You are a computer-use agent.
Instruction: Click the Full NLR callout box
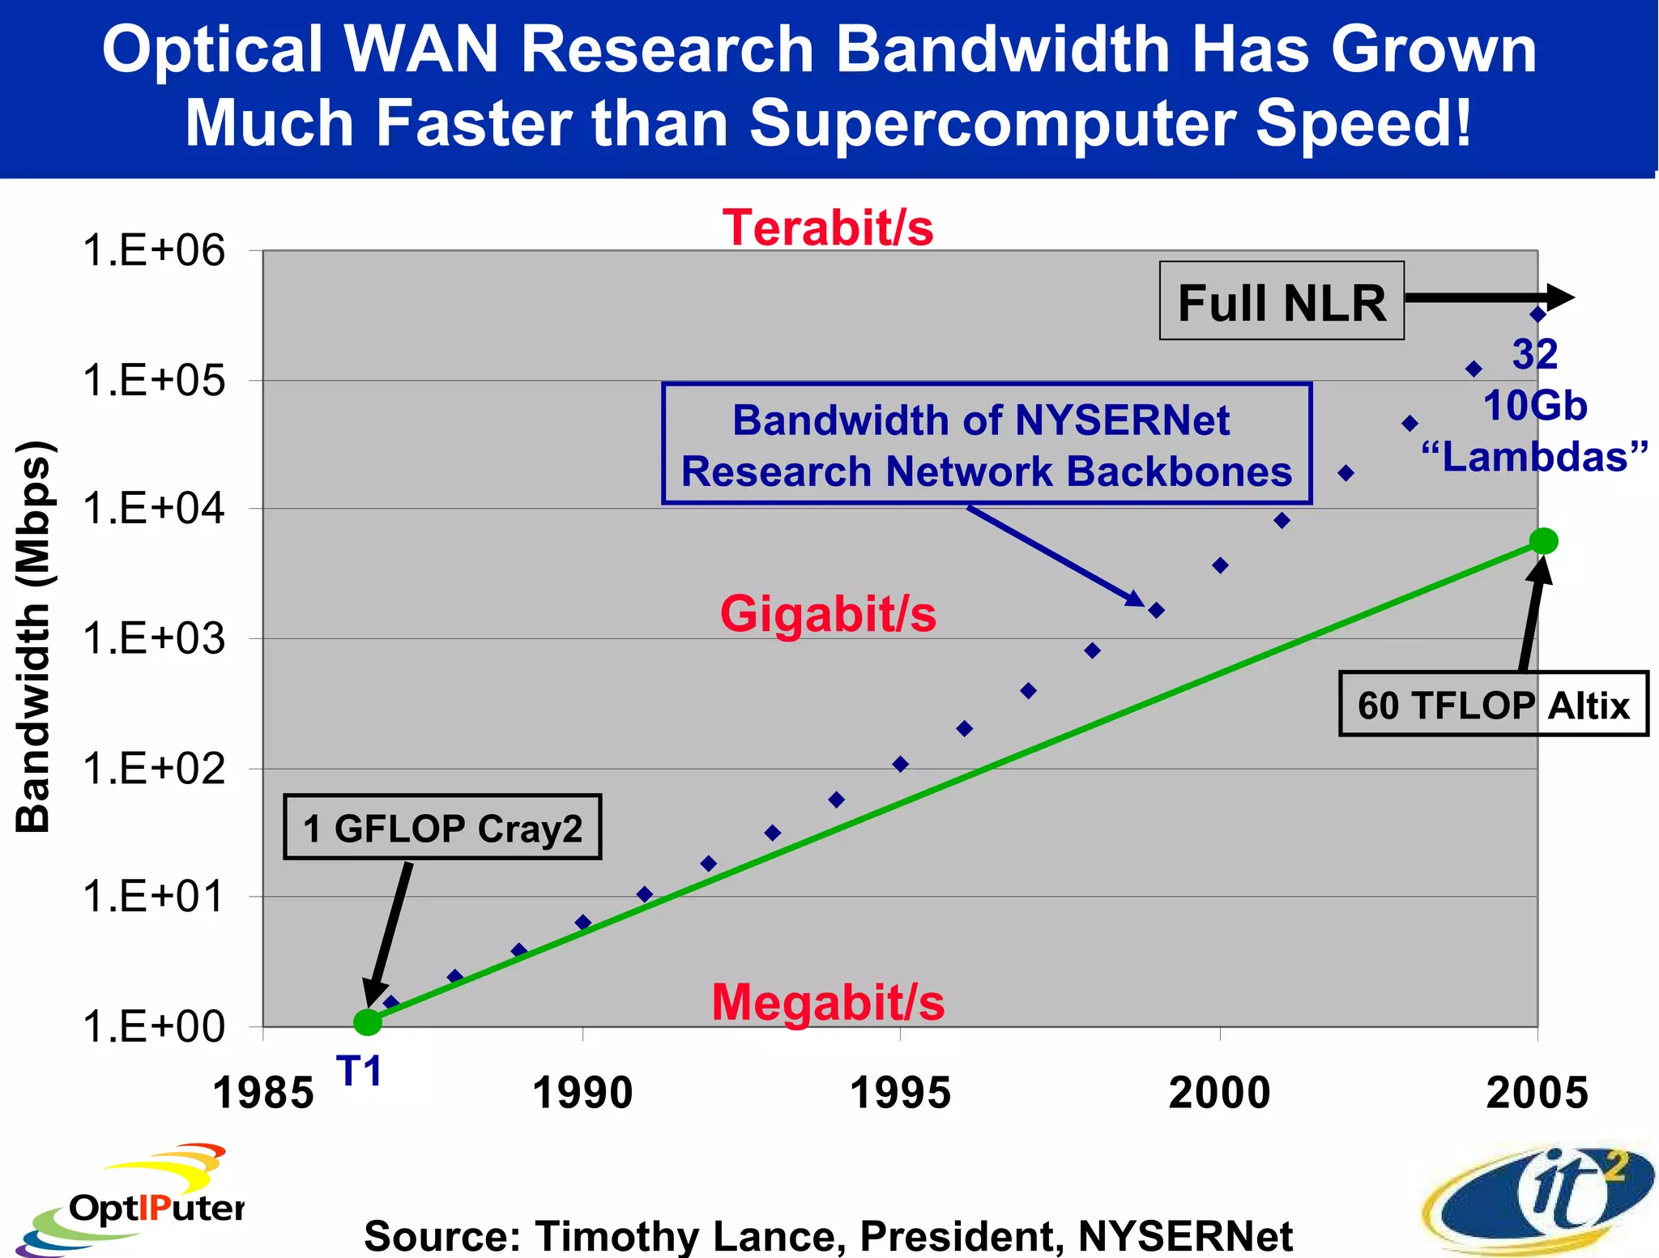pyautogui.click(x=1281, y=301)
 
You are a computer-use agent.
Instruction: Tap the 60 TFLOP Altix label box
pyautogui.click(x=1492, y=704)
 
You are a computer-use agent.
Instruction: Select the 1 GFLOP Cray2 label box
pyautogui.click(x=442, y=827)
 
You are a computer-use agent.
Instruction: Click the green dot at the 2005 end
pyautogui.click(x=1543, y=540)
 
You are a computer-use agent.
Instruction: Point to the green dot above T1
pyautogui.click(x=368, y=1021)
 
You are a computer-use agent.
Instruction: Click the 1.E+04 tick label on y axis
pyautogui.click(x=153, y=509)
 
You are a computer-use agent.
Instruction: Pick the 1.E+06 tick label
pyautogui.click(x=153, y=250)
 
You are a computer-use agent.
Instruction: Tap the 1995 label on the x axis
pyautogui.click(x=900, y=1092)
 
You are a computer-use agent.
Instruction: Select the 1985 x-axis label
pyautogui.click(x=262, y=1092)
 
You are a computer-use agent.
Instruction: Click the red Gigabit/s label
pyautogui.click(x=828, y=613)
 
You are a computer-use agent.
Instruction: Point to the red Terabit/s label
pyautogui.click(x=828, y=228)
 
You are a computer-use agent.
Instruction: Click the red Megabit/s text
pyautogui.click(x=828, y=1002)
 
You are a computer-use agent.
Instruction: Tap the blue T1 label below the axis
pyautogui.click(x=359, y=1071)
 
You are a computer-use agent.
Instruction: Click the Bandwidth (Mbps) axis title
pyautogui.click(x=34, y=636)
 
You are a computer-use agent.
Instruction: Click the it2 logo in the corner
pyautogui.click(x=1539, y=1197)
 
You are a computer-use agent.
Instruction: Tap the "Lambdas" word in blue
pyautogui.click(x=1534, y=457)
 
